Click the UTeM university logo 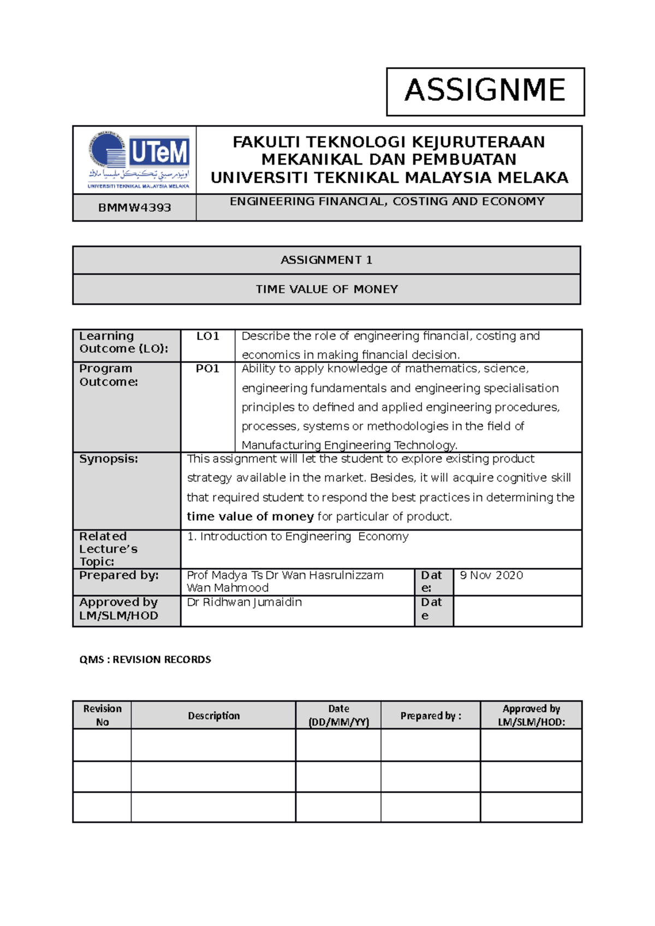tap(139, 160)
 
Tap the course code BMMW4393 tap(134, 208)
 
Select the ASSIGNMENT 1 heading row tap(326, 260)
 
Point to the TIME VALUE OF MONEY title tap(326, 289)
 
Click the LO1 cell tap(207, 336)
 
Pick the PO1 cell tap(207, 369)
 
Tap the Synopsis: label tap(109, 459)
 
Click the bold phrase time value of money tap(250, 516)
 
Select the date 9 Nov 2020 tap(491, 575)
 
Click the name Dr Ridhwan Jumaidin tap(244, 602)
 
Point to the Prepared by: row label tap(118, 575)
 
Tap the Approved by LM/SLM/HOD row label tap(118, 609)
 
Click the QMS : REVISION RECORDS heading tap(145, 660)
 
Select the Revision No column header tap(102, 715)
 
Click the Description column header tap(213, 715)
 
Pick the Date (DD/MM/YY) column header tap(338, 715)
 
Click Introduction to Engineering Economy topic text tap(297, 537)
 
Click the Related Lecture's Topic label tap(108, 549)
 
